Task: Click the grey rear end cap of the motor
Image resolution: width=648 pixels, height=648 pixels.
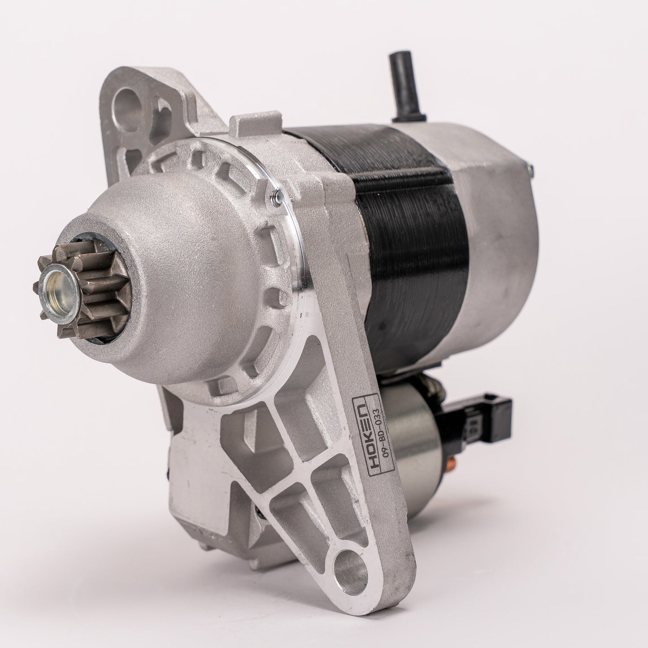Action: click(x=493, y=242)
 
